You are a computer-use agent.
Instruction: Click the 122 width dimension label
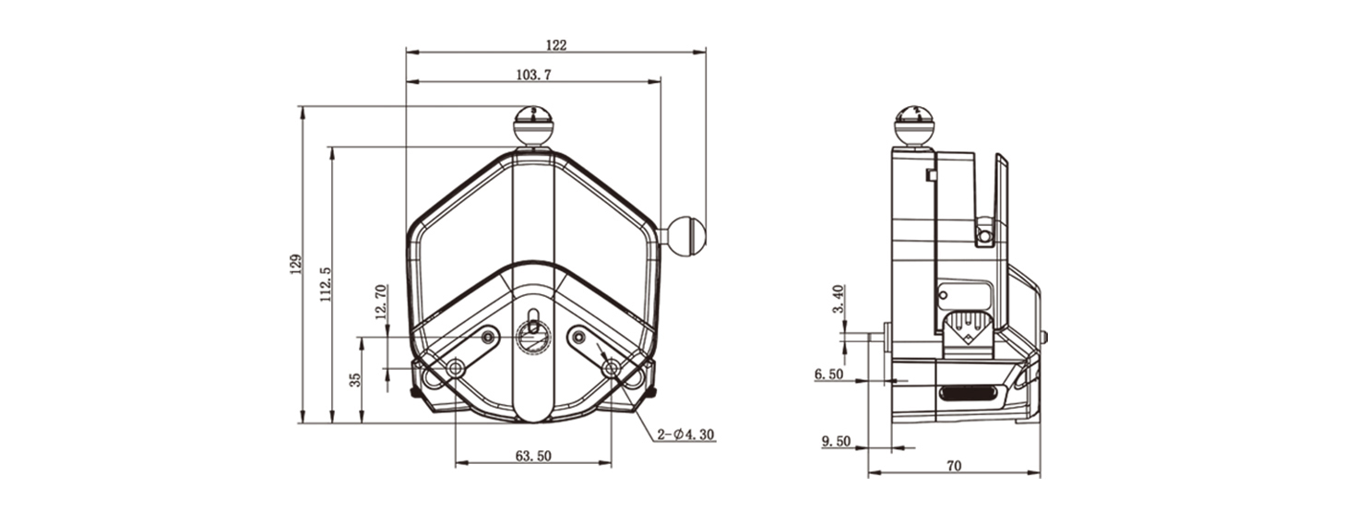click(x=556, y=44)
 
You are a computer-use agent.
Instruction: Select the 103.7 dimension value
click(x=533, y=75)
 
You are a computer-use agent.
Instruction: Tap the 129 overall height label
click(x=296, y=264)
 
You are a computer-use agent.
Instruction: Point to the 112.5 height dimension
click(x=325, y=283)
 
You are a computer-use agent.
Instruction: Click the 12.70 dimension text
click(x=381, y=302)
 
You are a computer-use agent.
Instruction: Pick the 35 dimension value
click(x=355, y=380)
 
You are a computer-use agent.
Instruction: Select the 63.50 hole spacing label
click(x=533, y=456)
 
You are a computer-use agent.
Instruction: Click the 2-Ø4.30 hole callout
click(x=685, y=434)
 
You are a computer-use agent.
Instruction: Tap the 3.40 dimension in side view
click(x=839, y=298)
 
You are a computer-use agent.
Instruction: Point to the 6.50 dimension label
click(x=828, y=374)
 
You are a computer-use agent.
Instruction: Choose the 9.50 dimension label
click(x=836, y=441)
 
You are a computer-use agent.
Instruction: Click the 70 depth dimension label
click(x=954, y=466)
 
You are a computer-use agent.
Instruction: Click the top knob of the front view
click(x=533, y=125)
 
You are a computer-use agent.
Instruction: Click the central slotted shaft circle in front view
click(x=533, y=336)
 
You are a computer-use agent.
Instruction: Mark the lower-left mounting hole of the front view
click(x=456, y=368)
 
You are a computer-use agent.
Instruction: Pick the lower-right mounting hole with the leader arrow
click(x=611, y=368)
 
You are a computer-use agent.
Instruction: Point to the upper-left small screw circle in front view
click(x=488, y=336)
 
